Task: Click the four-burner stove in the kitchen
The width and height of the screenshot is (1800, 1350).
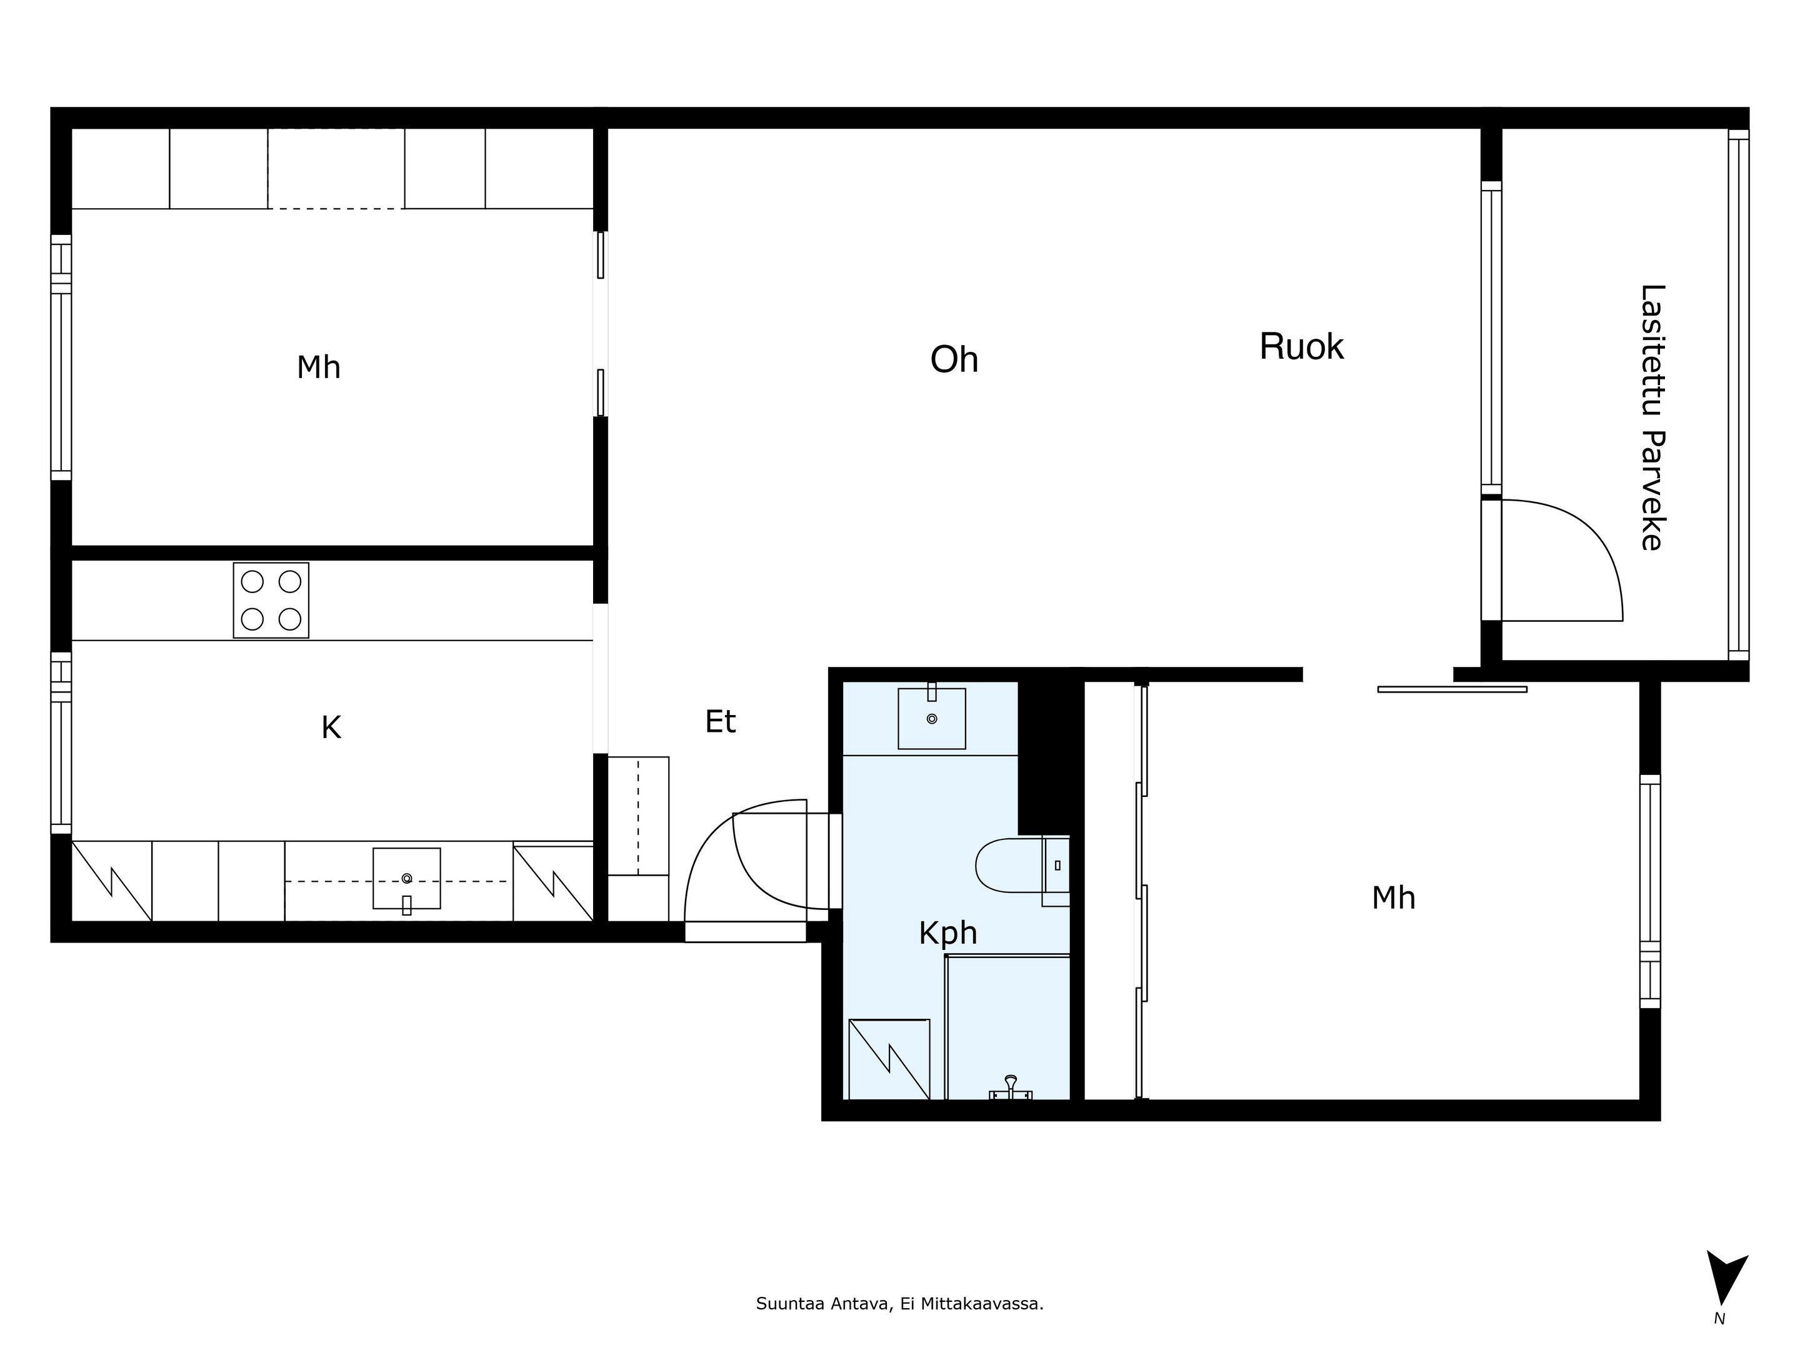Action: (x=271, y=601)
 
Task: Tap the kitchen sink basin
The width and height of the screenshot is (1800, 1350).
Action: (x=407, y=878)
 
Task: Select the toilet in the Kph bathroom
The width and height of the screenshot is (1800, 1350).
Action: (x=1022, y=865)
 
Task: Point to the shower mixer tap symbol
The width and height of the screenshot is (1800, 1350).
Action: (x=1011, y=1088)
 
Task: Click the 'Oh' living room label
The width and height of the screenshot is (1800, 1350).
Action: (x=954, y=359)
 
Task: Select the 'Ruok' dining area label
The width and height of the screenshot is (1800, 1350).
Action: (x=1301, y=347)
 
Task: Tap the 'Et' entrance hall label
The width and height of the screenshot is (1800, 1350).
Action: (x=720, y=722)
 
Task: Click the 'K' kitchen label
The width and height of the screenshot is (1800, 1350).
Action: (x=331, y=728)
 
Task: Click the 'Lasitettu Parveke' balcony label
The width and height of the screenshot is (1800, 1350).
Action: (x=1652, y=417)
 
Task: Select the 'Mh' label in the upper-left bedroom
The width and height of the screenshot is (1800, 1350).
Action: (x=318, y=367)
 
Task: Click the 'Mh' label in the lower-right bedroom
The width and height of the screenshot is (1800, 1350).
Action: (x=1393, y=898)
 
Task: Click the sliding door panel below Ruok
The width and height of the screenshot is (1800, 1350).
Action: (x=1452, y=689)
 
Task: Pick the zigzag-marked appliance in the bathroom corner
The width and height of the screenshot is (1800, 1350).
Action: (x=889, y=1059)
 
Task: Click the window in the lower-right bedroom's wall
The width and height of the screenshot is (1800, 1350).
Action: (x=1649, y=891)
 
